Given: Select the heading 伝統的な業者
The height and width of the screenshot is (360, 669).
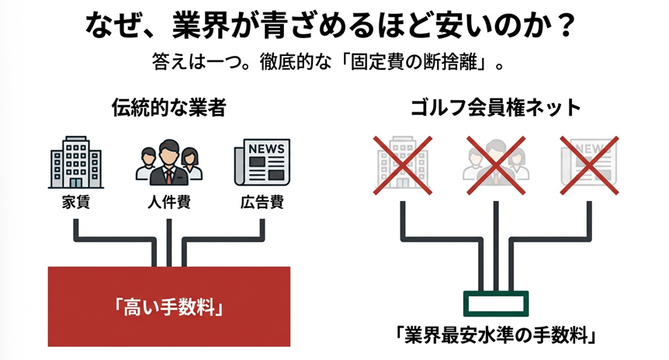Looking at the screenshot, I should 168,107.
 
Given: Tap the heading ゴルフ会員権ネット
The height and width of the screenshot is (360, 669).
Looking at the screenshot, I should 496,107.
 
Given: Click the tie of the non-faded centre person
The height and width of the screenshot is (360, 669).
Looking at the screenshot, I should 168,175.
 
